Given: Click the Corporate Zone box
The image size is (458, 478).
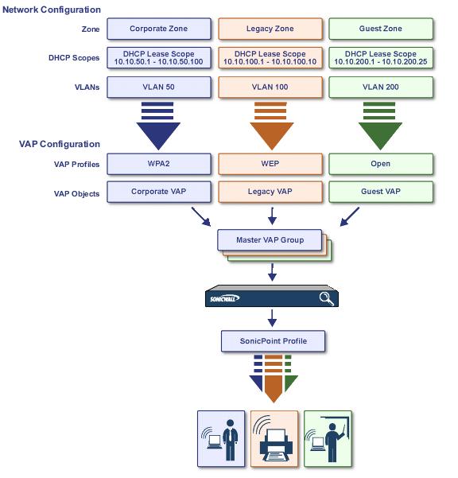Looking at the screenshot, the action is (x=159, y=29).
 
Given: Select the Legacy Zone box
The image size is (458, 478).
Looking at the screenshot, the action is (x=270, y=29).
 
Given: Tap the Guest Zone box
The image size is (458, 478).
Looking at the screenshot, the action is (x=381, y=29).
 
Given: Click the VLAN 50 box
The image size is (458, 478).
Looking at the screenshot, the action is (x=159, y=87).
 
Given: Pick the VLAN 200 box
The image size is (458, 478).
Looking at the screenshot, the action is (x=381, y=87).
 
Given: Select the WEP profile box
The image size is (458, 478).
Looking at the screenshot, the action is (x=270, y=164).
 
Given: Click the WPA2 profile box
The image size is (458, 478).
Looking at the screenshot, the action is (x=159, y=164).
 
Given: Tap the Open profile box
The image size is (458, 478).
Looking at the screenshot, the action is (x=381, y=164).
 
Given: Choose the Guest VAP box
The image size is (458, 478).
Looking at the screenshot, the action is (x=381, y=192).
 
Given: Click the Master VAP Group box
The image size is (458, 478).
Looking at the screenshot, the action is (x=270, y=240).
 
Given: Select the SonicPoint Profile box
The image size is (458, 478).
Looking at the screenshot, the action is (x=273, y=341).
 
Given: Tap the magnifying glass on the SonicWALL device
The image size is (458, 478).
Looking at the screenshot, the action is (x=326, y=298).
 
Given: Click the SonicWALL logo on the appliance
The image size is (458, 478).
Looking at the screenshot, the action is (x=224, y=298).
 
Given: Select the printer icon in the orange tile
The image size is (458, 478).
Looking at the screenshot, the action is (x=276, y=445).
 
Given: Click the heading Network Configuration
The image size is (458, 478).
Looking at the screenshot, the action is (x=52, y=10).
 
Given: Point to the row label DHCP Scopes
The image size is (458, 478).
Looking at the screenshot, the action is (x=74, y=58).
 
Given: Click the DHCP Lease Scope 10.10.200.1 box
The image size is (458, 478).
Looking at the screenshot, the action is (x=381, y=58).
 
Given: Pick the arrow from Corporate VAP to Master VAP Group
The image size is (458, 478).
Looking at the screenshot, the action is (x=201, y=217).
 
